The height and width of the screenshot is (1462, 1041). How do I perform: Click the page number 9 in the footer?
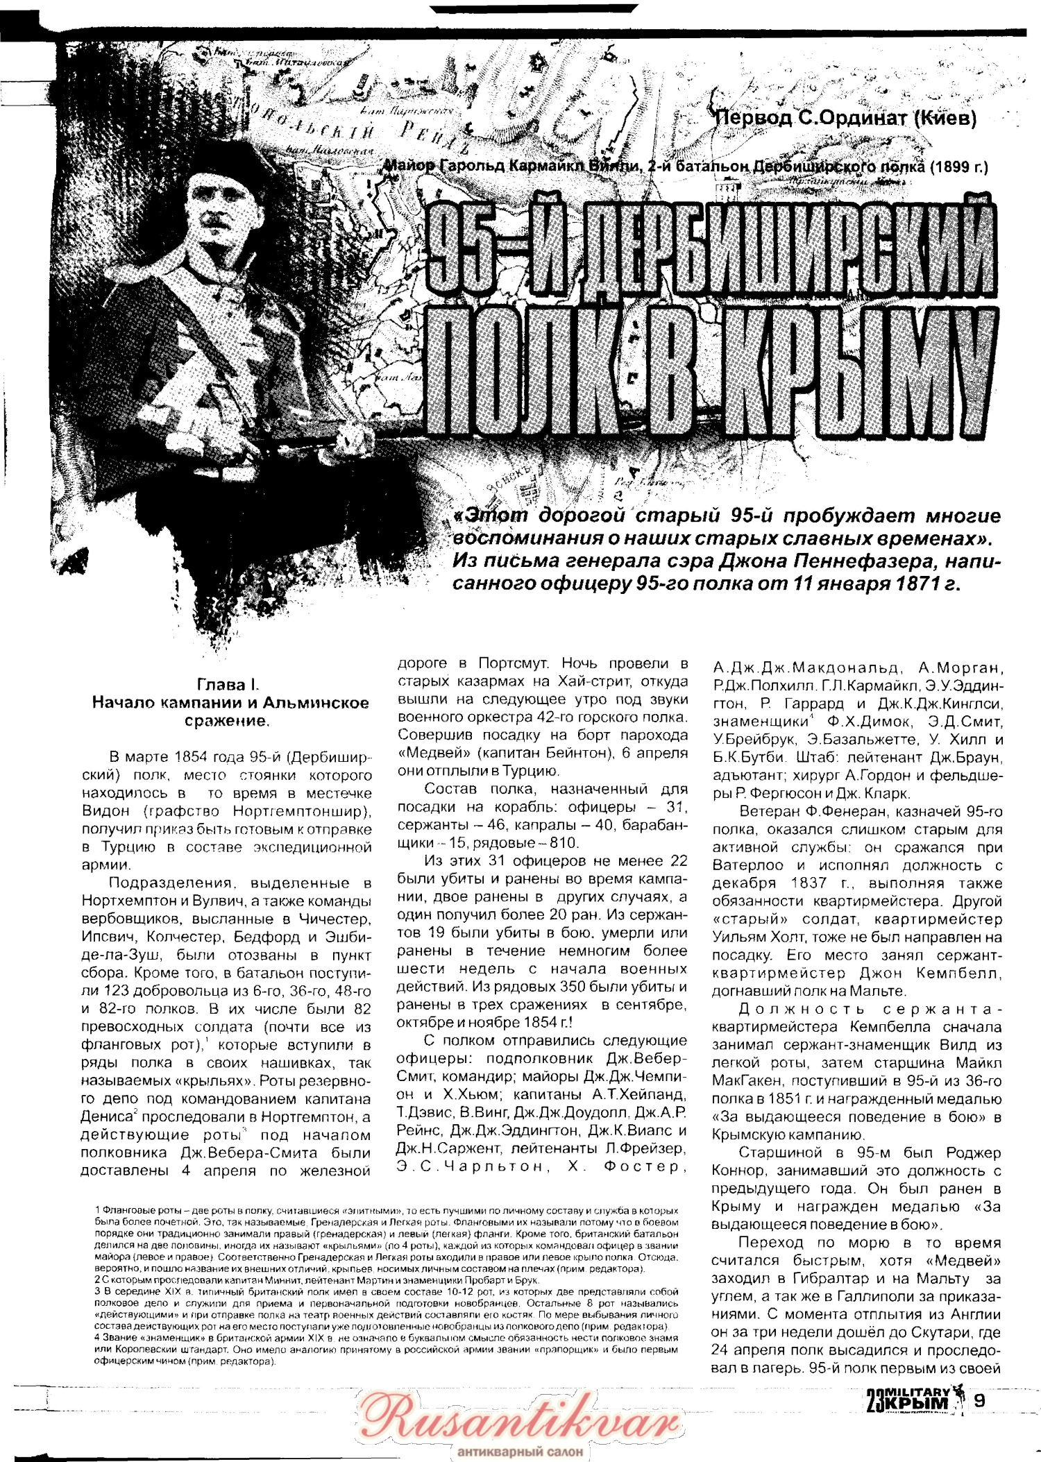[979, 1400]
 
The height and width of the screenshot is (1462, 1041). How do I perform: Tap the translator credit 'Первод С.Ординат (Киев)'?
[845, 118]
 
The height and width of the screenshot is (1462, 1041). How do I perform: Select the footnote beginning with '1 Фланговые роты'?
[385, 1211]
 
